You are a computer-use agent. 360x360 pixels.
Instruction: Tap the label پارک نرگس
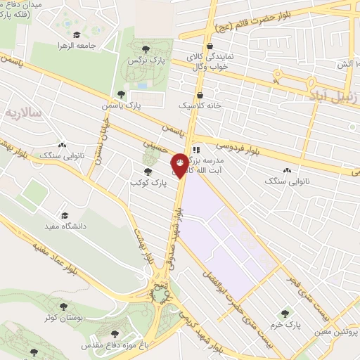tap(146, 61)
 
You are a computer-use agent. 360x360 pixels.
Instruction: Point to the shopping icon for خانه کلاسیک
tap(200, 94)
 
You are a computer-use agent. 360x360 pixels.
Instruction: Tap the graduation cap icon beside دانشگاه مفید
tap(65, 215)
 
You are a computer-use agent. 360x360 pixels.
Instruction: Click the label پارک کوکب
tap(147, 182)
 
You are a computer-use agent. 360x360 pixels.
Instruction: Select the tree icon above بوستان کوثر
tap(64, 307)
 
